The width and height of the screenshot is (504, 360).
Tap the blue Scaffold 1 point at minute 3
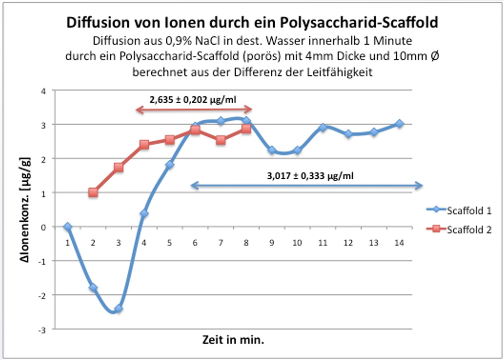(x=119, y=309)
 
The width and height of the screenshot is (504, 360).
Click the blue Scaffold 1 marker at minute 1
(x=68, y=227)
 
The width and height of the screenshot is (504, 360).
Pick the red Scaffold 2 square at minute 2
(x=93, y=193)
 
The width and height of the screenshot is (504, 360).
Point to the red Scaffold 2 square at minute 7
(x=221, y=140)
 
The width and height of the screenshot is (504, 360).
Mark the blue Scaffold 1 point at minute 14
(x=399, y=124)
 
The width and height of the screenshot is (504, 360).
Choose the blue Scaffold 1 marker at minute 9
(x=272, y=150)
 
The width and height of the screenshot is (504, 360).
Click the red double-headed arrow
(x=194, y=110)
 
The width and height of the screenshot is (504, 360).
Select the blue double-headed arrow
(x=307, y=185)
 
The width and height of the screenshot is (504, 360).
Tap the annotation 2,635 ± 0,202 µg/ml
(x=193, y=100)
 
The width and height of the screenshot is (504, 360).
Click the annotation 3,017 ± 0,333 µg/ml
(x=310, y=176)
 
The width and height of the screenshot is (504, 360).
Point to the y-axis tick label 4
(x=43, y=91)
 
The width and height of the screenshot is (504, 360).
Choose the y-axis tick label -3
(x=42, y=330)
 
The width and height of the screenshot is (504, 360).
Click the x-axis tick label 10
(x=297, y=243)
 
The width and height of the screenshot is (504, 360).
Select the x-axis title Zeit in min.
(x=233, y=340)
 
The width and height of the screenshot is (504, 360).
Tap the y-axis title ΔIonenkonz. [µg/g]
(x=25, y=210)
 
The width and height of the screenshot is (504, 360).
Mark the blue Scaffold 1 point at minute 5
(x=170, y=165)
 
